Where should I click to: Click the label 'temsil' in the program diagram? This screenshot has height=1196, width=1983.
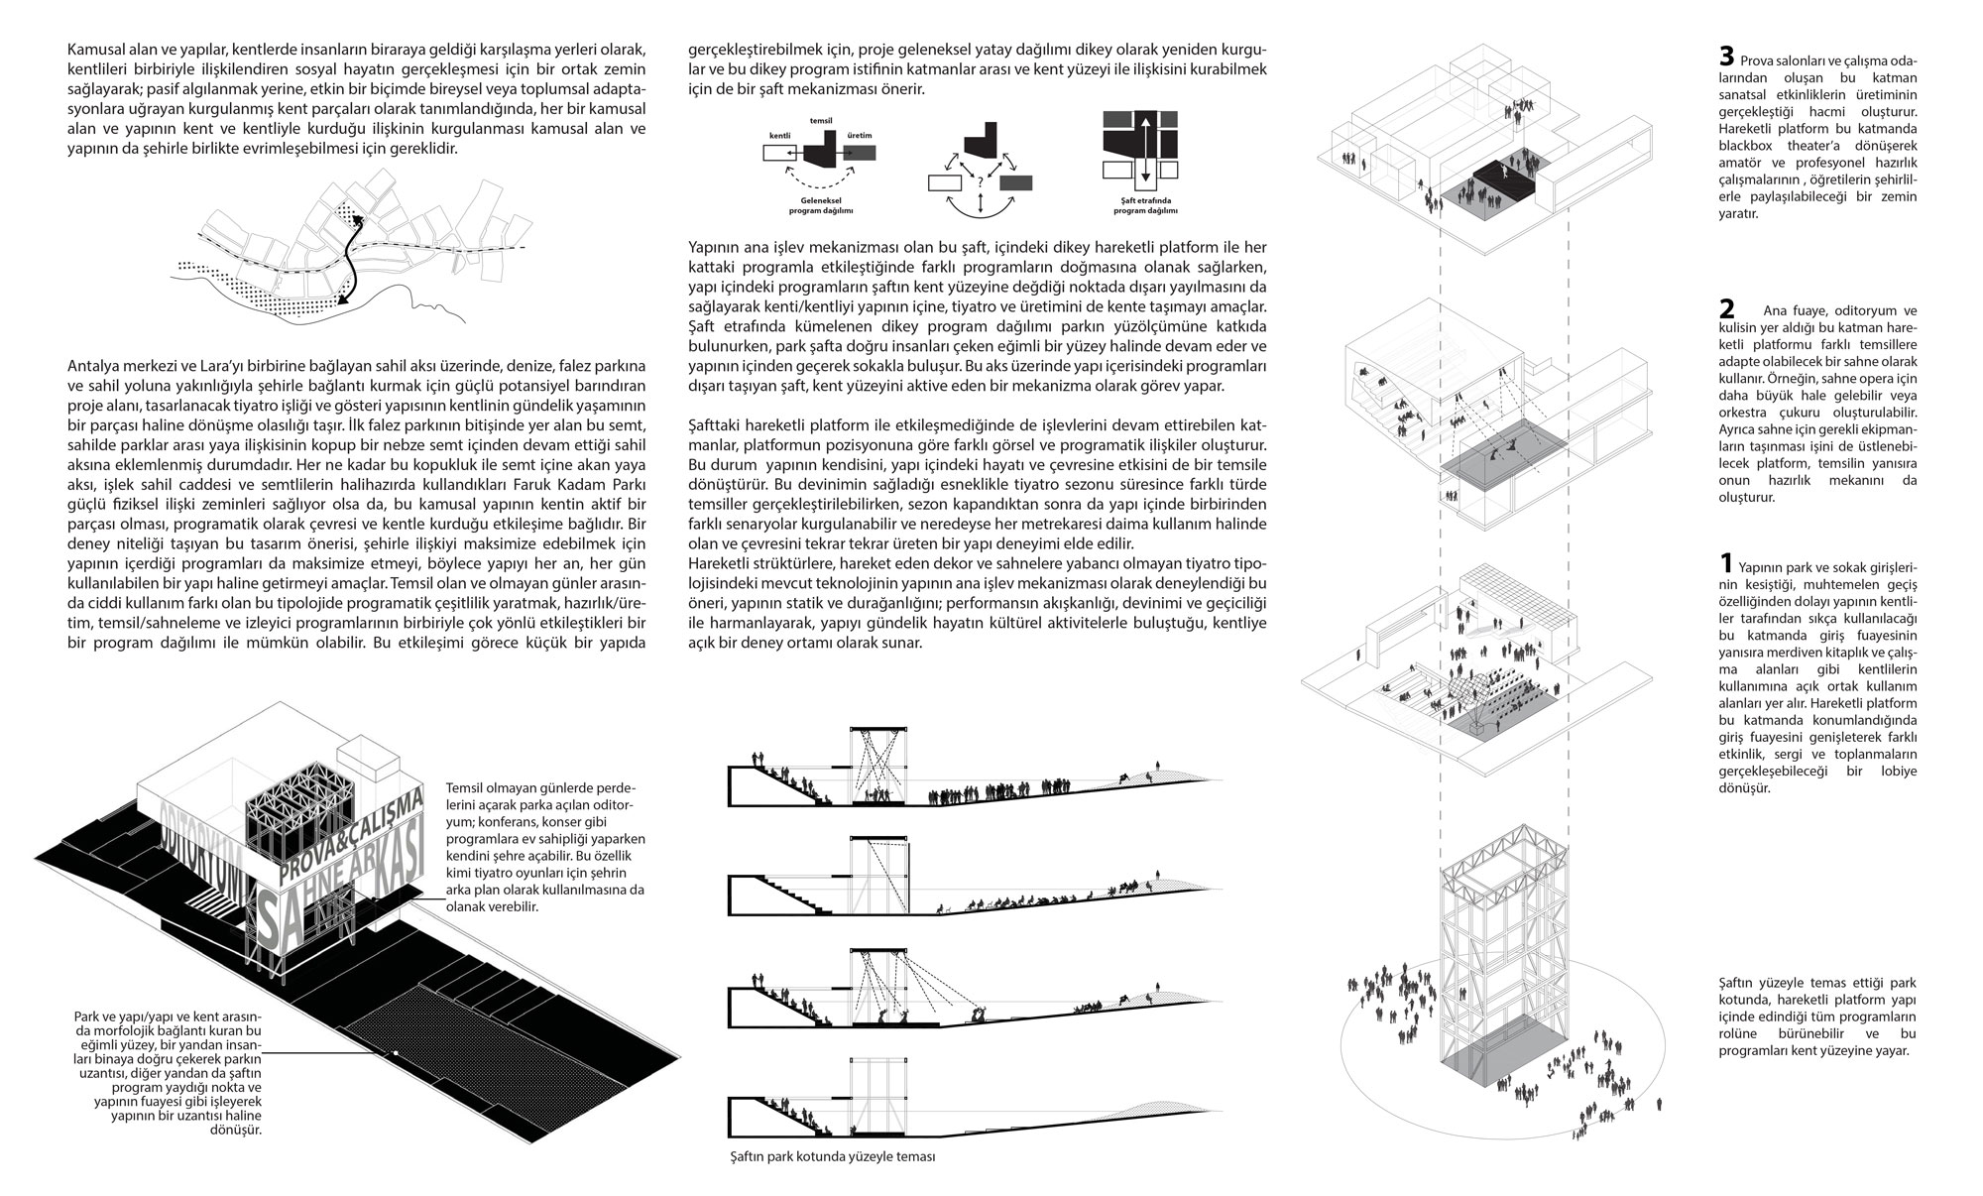(820, 120)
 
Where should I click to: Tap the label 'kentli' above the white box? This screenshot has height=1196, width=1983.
(780, 133)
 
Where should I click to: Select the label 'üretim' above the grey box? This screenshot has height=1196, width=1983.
(860, 133)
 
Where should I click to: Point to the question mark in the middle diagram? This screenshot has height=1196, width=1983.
(980, 181)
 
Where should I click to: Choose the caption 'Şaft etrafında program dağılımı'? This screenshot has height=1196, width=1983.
(1142, 206)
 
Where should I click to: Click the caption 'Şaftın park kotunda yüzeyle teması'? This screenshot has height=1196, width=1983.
(829, 1157)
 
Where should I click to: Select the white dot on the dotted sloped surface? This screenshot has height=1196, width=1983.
(395, 1052)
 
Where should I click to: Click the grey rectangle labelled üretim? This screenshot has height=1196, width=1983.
(861, 153)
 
